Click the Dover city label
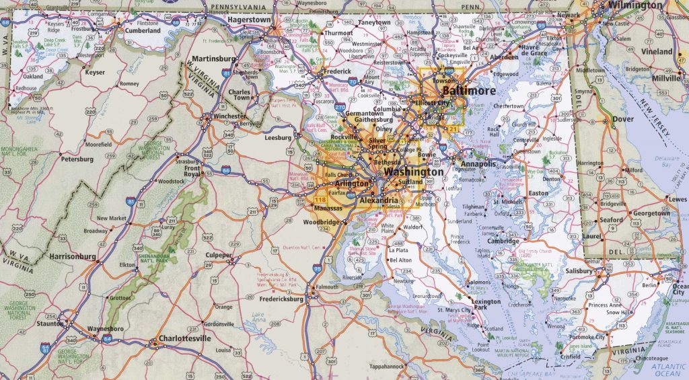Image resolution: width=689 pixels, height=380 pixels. (x=623, y=119)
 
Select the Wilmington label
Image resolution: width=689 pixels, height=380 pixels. (x=634, y=5)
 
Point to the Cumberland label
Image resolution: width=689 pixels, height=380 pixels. (x=143, y=31)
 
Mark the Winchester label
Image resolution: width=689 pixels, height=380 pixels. (x=229, y=116)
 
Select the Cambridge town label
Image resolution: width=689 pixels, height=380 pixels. (x=503, y=241)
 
